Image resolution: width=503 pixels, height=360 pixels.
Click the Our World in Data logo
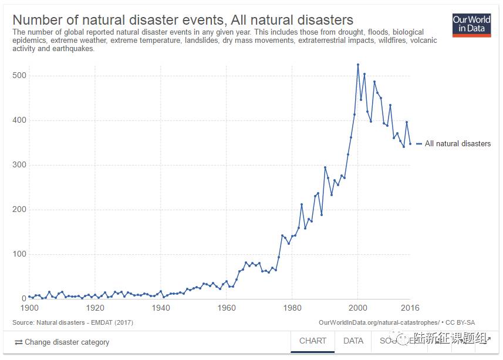click(471, 25)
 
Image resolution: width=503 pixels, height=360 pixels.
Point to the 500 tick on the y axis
click(20, 76)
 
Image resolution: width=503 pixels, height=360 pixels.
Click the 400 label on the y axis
click(20, 120)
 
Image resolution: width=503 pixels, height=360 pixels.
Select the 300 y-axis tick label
click(20, 165)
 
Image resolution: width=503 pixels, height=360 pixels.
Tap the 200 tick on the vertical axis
click(20, 210)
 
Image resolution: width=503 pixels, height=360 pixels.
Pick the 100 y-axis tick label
click(20, 254)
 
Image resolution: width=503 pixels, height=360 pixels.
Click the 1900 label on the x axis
click(29, 308)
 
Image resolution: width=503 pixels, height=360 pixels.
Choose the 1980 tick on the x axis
click(292, 308)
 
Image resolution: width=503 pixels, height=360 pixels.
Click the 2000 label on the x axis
click(357, 308)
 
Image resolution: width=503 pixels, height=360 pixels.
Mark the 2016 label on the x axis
click(410, 308)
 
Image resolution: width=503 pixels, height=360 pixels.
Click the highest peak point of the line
click(358, 65)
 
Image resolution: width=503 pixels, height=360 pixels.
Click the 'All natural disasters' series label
click(458, 143)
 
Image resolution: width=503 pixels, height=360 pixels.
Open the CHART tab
click(313, 341)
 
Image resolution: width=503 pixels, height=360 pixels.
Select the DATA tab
click(353, 341)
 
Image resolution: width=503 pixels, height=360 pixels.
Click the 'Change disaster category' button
click(62, 342)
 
